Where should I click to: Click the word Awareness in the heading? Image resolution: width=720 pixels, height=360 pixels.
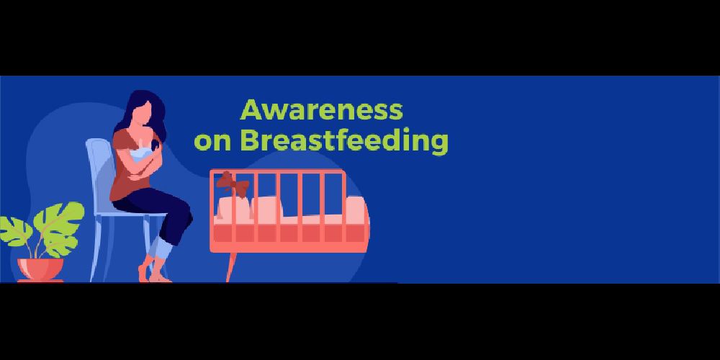coord(321,110)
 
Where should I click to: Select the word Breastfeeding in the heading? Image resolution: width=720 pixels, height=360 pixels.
coord(344,141)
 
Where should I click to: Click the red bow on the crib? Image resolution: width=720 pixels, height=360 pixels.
coord(233,184)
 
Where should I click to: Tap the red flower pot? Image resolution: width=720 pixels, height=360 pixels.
coord(40,269)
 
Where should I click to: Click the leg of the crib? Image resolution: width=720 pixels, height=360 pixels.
coord(231,267)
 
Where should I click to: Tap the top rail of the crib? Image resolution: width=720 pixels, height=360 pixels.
coord(277,171)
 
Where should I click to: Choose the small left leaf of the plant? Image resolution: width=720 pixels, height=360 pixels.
coord(14,230)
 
